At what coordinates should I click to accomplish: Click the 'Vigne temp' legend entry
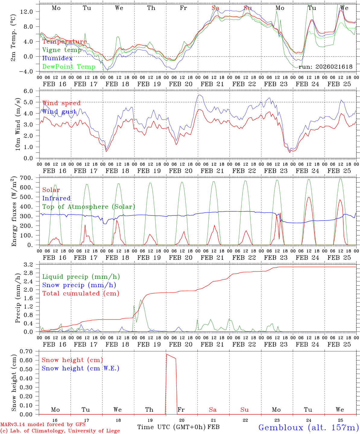[62, 50]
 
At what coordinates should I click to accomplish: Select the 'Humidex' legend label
[57, 58]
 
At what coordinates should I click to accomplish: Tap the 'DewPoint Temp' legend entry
[69, 67]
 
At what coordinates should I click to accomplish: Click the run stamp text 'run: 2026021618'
[325, 67]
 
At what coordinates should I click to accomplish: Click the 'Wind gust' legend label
[59, 112]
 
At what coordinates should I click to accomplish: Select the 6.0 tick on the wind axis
[32, 91]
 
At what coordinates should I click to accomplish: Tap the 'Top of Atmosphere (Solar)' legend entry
[89, 207]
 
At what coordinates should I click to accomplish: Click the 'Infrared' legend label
[56, 198]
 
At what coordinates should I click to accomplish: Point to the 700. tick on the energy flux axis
[30, 178]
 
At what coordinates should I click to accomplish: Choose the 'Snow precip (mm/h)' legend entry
[79, 285]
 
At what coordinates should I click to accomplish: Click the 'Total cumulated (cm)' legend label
[81, 294]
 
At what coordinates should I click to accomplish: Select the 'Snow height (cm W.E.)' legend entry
[80, 368]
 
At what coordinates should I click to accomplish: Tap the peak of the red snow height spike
[166, 354]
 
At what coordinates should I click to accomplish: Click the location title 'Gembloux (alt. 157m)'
[308, 427]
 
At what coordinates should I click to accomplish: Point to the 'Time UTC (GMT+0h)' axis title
[172, 427]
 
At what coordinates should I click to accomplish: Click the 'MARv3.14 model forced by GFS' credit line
[43, 425]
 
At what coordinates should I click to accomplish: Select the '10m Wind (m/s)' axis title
[18, 124]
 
